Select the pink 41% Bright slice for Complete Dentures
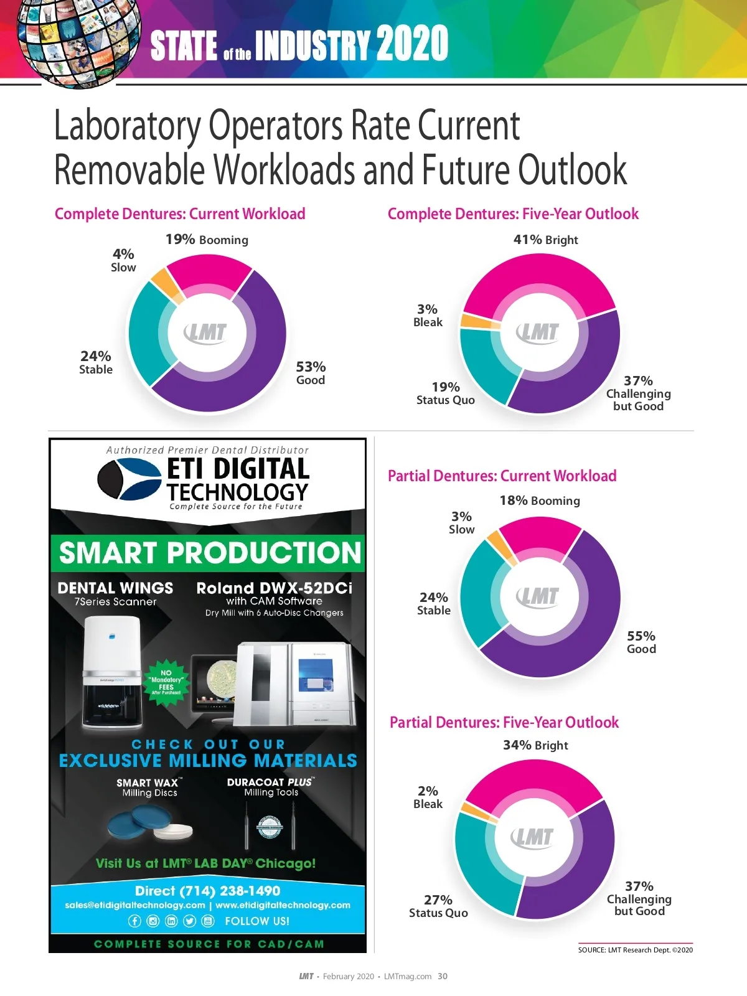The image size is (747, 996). point(539,280)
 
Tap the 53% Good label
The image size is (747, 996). point(311,373)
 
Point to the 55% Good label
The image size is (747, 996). point(641,642)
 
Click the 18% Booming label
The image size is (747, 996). point(540,500)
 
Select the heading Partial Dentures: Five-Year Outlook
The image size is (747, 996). point(504,722)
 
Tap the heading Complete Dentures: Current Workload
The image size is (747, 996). point(180,214)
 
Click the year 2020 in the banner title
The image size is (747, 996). point(412,44)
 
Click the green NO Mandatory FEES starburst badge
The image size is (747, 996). point(166,682)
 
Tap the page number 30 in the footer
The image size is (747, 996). point(443,976)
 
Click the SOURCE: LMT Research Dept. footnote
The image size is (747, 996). point(635,950)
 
